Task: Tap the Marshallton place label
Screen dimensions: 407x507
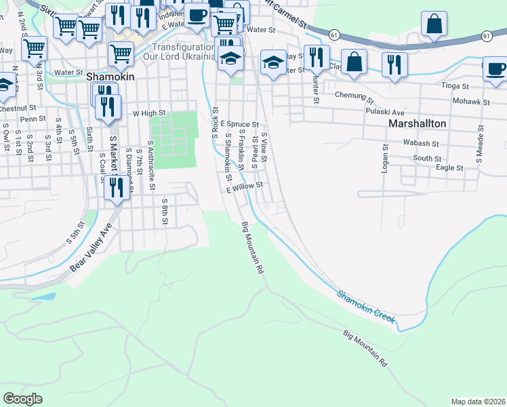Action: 418,124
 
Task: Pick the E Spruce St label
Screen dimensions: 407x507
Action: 240,125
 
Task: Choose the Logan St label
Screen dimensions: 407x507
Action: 384,157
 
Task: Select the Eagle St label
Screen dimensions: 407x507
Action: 449,168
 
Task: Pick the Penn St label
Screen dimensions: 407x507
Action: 33,119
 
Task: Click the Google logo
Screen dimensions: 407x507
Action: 23,398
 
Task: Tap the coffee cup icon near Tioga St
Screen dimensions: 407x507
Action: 495,69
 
